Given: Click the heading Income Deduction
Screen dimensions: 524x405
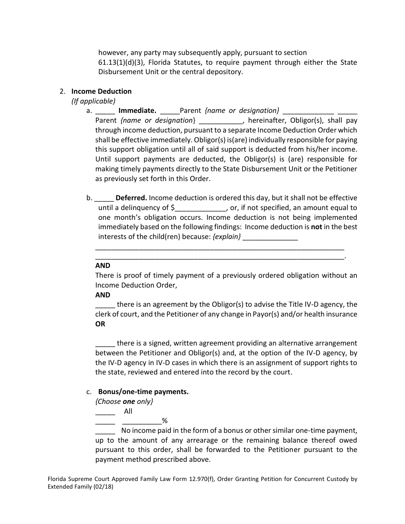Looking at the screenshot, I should pyautogui.click(x=101, y=91).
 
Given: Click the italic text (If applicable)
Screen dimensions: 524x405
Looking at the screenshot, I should pyautogui.click(x=93, y=101).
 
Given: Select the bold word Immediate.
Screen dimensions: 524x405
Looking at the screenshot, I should pyautogui.click(x=137, y=111).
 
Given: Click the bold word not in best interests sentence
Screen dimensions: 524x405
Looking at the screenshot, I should pyautogui.click(x=316, y=227).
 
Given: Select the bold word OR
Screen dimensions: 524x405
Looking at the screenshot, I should pyautogui.click(x=100, y=324).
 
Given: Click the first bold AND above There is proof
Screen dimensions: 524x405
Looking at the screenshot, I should pyautogui.click(x=103, y=266).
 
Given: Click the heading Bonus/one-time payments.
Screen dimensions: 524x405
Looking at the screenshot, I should pyautogui.click(x=143, y=392).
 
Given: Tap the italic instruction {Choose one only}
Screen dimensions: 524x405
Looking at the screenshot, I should pyautogui.click(x=124, y=401).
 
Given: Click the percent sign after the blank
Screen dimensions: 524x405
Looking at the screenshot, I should pyautogui.click(x=165, y=421).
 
